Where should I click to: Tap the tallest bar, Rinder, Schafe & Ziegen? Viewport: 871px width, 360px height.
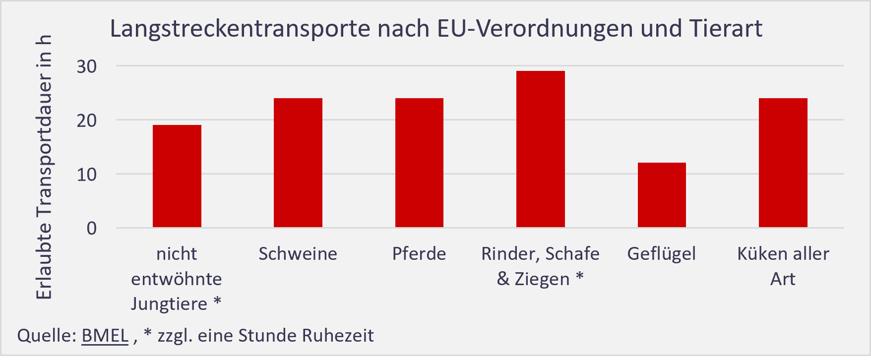point(540,149)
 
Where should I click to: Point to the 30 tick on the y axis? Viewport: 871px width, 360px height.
point(87,66)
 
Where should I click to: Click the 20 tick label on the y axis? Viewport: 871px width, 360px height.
point(87,120)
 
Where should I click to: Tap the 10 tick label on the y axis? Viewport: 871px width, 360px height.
point(87,175)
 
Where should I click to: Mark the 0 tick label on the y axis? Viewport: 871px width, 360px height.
point(92,229)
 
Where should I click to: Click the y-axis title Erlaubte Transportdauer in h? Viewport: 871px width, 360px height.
point(44,168)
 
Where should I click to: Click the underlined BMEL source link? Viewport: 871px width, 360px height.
point(105,336)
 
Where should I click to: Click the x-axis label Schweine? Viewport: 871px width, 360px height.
point(298,254)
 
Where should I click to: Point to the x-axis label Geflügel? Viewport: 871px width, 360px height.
point(661,254)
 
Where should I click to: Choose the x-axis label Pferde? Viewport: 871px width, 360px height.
point(419,254)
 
